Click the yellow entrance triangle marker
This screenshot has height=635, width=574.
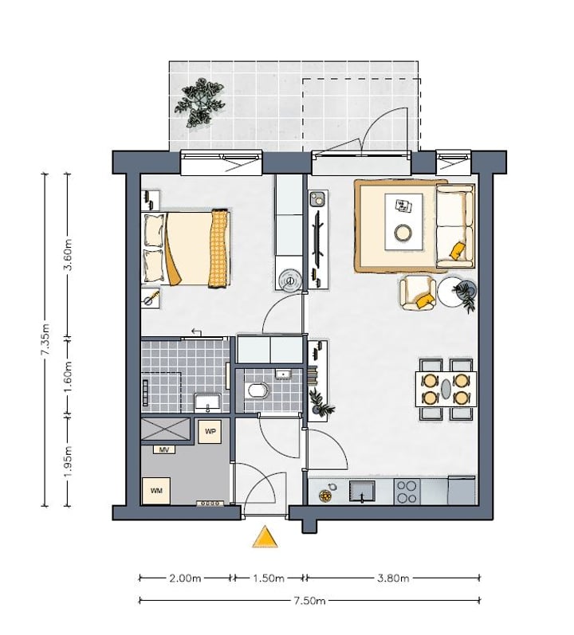[265, 538]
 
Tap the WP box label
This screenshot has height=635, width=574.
[210, 432]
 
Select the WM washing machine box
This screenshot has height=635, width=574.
[156, 491]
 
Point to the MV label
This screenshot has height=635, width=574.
[164, 449]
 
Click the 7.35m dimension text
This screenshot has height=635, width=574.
[45, 339]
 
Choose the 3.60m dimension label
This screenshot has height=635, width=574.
[69, 254]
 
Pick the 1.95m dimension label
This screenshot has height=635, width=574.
[69, 461]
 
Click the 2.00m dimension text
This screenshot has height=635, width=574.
[185, 578]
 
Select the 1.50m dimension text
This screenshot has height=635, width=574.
[269, 578]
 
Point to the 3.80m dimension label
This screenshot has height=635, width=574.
[393, 578]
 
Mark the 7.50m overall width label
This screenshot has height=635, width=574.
[309, 600]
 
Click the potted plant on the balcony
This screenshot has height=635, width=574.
[200, 102]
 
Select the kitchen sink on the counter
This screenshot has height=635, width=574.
[362, 492]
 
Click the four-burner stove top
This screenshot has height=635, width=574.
[407, 492]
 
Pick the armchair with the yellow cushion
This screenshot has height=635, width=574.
[419, 292]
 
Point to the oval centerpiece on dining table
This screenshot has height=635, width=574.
[446, 389]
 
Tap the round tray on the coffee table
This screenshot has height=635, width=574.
[403, 233]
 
